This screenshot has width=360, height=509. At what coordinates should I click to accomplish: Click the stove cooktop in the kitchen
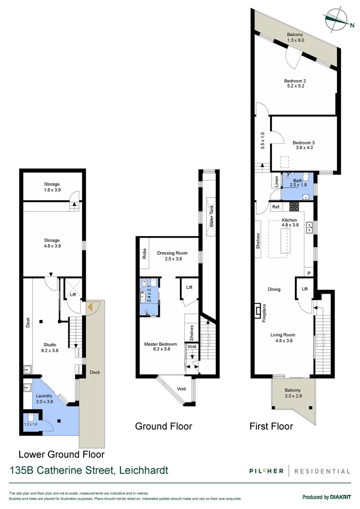pyautogui.click(x=295, y=206)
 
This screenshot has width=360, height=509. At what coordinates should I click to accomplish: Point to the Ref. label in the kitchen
pyautogui.click(x=276, y=207)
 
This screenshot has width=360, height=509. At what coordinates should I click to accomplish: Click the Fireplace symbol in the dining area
pyautogui.click(x=256, y=311)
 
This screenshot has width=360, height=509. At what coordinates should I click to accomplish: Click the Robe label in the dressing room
pyautogui.click(x=144, y=254)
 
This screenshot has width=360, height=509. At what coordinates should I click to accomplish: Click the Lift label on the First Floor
pyautogui.click(x=304, y=289)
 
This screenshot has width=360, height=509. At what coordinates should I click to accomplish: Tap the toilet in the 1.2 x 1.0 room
pyautogui.click(x=31, y=418)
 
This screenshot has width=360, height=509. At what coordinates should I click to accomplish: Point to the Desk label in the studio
pyautogui.click(x=27, y=321)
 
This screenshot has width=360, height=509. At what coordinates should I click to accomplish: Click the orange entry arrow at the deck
pyautogui.click(x=90, y=307)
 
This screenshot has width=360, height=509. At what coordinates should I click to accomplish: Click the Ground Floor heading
pyautogui.click(x=164, y=426)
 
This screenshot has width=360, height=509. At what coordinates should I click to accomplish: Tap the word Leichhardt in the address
pyautogui.click(x=143, y=470)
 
